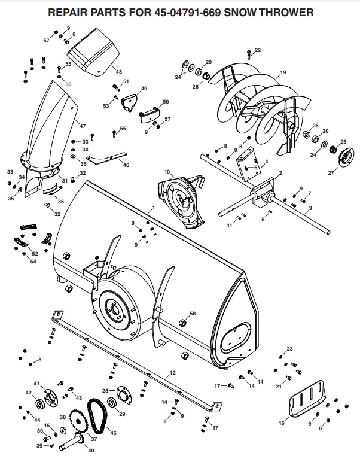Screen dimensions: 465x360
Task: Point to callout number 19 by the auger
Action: (x=283, y=73)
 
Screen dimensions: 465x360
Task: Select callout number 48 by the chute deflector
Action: (x=118, y=71)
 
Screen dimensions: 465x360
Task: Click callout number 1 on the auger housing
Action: (x=153, y=207)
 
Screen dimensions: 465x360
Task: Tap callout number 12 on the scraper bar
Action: (x=172, y=373)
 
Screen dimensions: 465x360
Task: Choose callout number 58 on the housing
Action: (x=193, y=314)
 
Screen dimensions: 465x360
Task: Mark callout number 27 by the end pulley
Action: (x=332, y=172)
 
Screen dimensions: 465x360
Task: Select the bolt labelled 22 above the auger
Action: (x=250, y=54)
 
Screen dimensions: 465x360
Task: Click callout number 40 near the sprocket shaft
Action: (x=91, y=450)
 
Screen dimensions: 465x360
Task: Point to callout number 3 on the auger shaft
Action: (x=310, y=209)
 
